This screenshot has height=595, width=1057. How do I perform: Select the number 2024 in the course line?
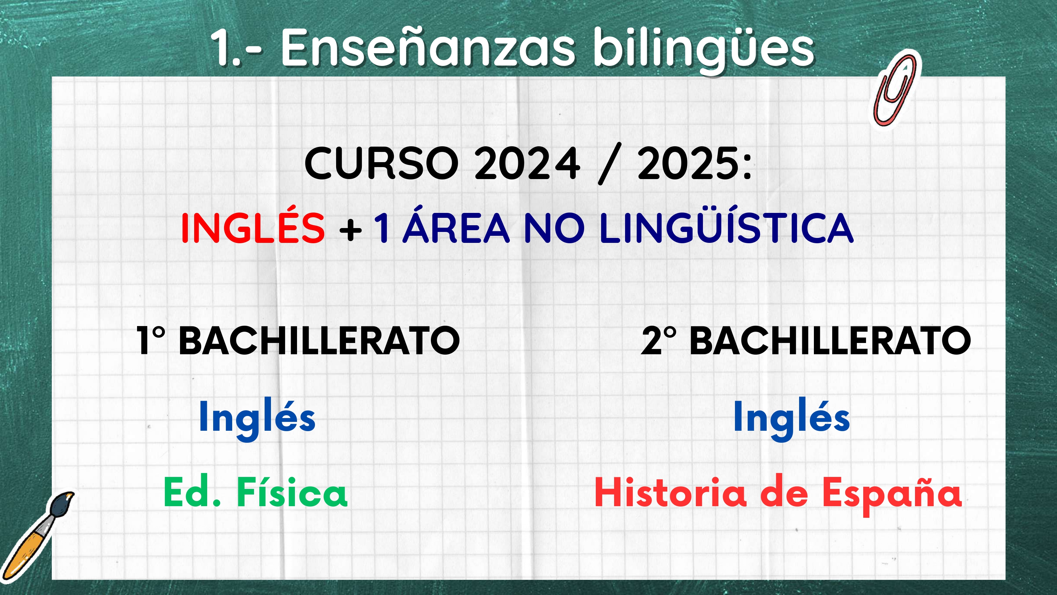click(x=527, y=164)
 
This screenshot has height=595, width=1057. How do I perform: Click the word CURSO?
click(x=381, y=164)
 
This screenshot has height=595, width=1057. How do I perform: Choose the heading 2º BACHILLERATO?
click(x=806, y=341)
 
